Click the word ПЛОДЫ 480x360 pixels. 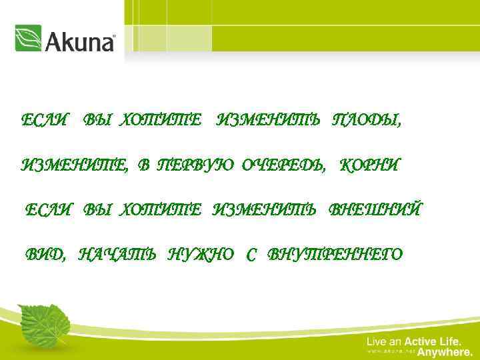click(x=367, y=121)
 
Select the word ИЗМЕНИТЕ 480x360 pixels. click(x=74, y=166)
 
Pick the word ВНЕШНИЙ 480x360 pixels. click(x=375, y=211)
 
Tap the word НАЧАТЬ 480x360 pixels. click(x=117, y=255)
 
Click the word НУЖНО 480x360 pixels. click(x=201, y=255)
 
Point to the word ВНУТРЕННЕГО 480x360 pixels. click(x=335, y=255)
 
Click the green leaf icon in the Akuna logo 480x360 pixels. click(x=28, y=38)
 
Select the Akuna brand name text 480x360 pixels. click(x=81, y=41)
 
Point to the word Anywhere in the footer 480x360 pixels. click(x=445, y=352)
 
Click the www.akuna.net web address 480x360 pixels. click(x=391, y=352)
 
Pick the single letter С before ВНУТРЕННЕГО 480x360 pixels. click(x=251, y=255)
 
